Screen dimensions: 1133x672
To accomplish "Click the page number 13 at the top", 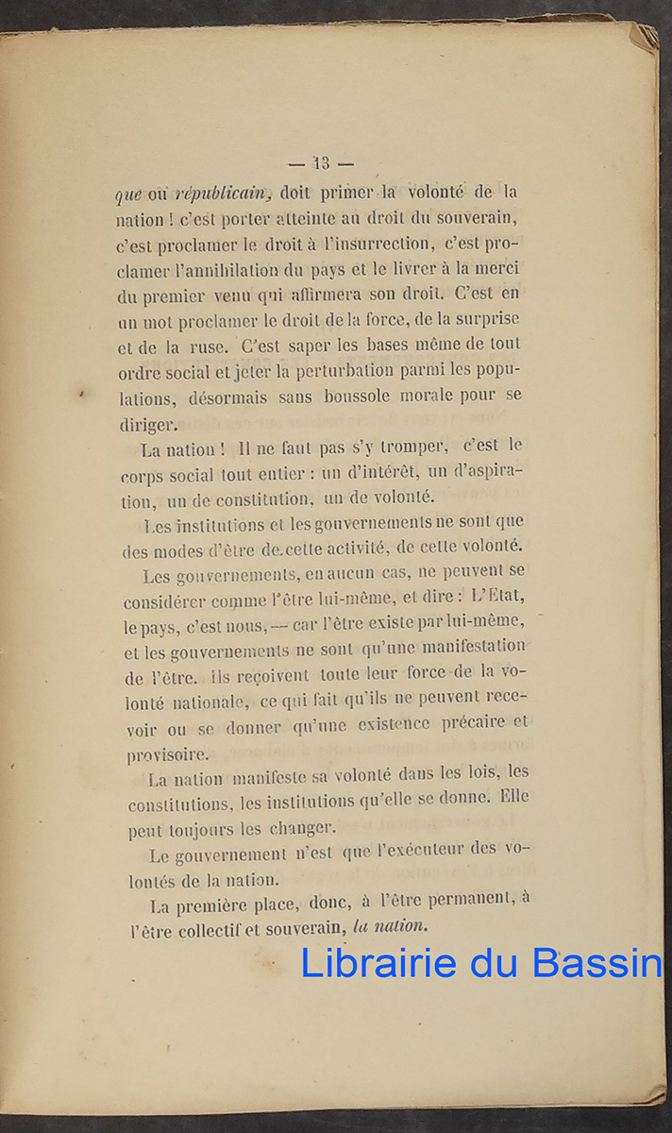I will click(x=321, y=162).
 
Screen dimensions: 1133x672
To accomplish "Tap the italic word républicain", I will click(x=223, y=193).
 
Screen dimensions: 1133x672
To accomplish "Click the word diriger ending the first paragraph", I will click(x=146, y=424).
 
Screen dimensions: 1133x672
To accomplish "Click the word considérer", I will click(x=165, y=600).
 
